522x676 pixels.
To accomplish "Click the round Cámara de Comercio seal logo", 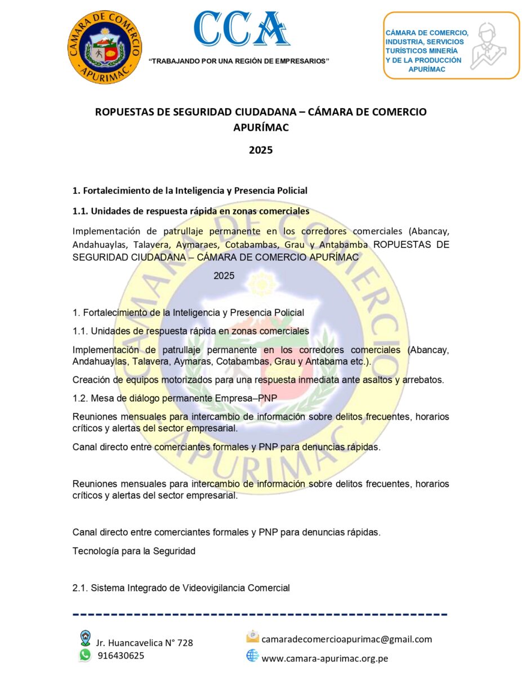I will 105,47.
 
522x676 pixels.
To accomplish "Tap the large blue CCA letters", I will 242,29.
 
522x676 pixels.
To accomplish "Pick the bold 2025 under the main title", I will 261,150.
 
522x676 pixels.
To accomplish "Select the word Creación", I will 90,379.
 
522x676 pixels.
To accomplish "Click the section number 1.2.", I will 81,398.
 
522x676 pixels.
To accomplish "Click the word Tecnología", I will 96,551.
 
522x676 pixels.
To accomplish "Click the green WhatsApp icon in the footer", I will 85,655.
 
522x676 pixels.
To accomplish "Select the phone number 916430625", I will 121,655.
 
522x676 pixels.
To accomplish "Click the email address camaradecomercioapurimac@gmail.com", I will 347,639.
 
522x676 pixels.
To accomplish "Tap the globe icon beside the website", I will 252,656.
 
